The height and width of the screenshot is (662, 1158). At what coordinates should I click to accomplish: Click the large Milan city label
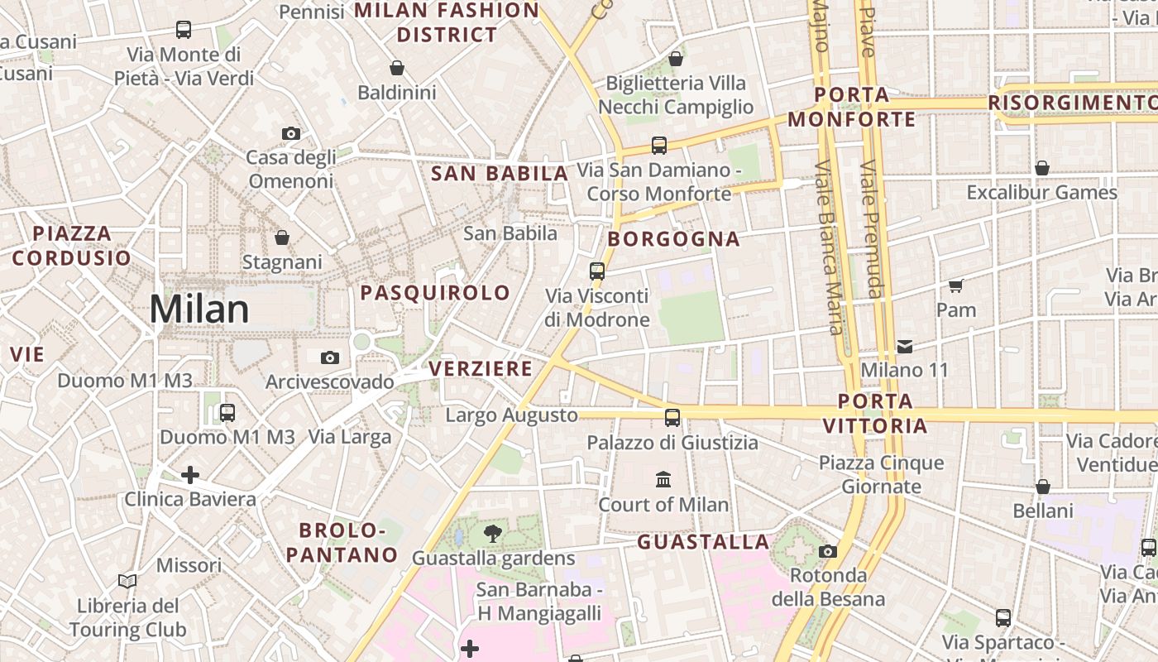pyautogui.click(x=199, y=309)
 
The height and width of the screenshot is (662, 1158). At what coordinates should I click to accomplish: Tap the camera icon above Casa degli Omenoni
pyautogui.click(x=291, y=133)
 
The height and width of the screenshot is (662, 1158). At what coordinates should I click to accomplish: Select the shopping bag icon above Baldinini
pyautogui.click(x=397, y=68)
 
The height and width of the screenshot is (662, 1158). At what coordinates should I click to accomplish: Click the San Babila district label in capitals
pyautogui.click(x=500, y=174)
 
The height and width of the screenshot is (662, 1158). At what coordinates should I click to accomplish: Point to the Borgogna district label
pyautogui.click(x=673, y=239)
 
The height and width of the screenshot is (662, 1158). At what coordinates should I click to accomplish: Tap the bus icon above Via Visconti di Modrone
pyautogui.click(x=597, y=271)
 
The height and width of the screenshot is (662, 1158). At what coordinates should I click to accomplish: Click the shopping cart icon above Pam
pyautogui.click(x=956, y=285)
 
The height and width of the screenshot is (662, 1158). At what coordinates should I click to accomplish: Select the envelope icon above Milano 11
pyautogui.click(x=905, y=346)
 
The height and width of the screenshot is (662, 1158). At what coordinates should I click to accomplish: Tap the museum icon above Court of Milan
pyautogui.click(x=663, y=479)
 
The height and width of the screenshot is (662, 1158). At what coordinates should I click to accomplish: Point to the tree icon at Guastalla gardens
pyautogui.click(x=493, y=533)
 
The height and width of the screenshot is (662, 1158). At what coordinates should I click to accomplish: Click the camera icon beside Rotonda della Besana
pyautogui.click(x=828, y=551)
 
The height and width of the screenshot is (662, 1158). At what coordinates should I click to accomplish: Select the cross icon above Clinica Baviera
pyautogui.click(x=190, y=475)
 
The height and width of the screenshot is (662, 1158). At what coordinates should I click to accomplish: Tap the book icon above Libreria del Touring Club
pyautogui.click(x=127, y=581)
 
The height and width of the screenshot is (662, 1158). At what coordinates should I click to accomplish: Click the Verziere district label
pyautogui.click(x=481, y=369)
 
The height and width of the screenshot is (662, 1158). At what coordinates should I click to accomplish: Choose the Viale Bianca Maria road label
pyautogui.click(x=829, y=248)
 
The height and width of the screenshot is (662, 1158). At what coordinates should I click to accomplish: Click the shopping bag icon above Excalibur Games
pyautogui.click(x=1042, y=168)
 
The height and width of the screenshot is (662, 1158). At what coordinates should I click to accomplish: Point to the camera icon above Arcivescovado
pyautogui.click(x=330, y=357)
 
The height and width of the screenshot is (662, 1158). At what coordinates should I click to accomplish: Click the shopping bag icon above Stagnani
pyautogui.click(x=282, y=237)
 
